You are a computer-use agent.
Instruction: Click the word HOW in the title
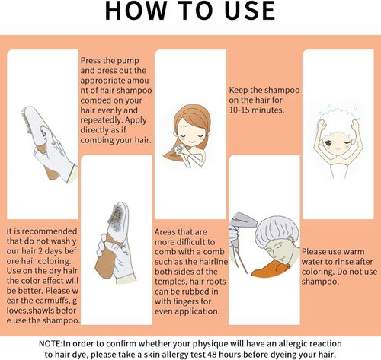(135, 11)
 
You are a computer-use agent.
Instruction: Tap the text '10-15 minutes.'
(257, 110)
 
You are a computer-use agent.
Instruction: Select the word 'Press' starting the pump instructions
(91, 60)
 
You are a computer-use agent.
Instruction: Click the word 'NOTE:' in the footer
(50, 343)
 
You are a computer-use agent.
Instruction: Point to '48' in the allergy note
(212, 354)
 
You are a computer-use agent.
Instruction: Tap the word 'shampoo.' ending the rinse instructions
(320, 282)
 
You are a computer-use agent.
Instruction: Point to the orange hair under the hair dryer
(269, 269)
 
